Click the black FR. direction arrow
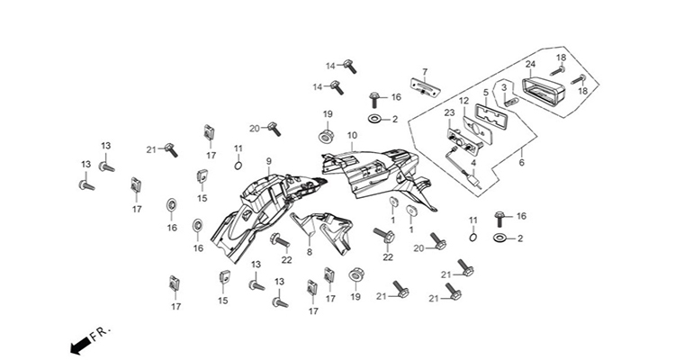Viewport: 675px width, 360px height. [x=80, y=345]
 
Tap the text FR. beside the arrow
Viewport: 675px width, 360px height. [x=101, y=332]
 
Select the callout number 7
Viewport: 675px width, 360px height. [x=425, y=71]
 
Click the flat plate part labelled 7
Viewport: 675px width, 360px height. [x=425, y=88]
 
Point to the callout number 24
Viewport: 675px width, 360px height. [x=486, y=92]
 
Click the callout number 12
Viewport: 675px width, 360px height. [x=463, y=101]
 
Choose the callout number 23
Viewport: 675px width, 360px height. [x=449, y=112]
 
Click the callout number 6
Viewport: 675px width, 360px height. [x=522, y=163]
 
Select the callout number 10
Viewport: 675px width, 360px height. [x=352, y=135]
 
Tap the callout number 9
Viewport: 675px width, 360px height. [x=268, y=161]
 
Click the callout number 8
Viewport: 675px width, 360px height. [x=310, y=253]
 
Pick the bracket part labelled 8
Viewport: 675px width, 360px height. [x=322, y=232]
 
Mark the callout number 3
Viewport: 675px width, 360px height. [x=505, y=88]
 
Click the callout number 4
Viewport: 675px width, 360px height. [x=473, y=163]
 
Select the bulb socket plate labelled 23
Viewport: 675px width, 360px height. [x=463, y=141]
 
